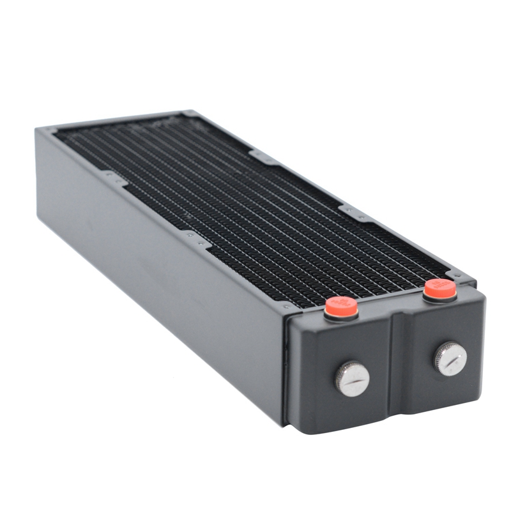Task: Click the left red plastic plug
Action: (340, 307)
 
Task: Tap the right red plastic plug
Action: (440, 289)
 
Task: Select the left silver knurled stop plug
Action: (351, 378)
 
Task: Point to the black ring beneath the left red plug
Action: (340, 317)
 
